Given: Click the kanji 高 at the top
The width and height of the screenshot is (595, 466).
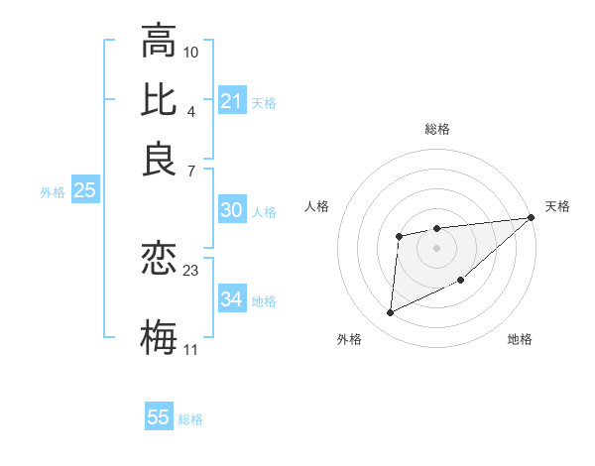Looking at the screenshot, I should coord(159,42).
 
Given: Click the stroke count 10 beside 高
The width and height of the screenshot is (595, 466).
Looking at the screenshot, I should coord(191,52).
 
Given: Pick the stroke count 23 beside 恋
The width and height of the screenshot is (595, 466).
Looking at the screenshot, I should coord(191,269).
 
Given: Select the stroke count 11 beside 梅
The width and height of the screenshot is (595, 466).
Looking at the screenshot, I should coord(191,349).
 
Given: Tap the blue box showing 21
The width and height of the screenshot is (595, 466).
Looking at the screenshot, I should coord(231,101).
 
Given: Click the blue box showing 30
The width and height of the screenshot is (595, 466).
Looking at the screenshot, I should coord(231,210).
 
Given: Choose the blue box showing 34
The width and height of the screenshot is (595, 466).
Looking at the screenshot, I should coord(231,299).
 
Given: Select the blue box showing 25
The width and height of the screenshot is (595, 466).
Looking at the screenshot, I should coord(84,191).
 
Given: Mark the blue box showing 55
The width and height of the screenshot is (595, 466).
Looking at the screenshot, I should coord(159,417).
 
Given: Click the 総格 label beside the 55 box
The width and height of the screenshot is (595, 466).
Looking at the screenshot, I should coord(190,419).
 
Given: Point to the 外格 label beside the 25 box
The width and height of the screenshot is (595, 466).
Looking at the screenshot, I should coord(52,193).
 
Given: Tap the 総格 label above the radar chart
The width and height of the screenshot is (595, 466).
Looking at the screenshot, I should coord(436,129).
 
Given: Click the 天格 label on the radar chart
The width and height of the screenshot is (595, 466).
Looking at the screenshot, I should coord(557,206).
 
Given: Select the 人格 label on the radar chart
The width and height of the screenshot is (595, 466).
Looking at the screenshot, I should coord(317,206).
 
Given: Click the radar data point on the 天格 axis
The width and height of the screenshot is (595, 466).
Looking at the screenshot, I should coord(532,218).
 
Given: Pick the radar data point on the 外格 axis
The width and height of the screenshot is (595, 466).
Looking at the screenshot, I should coord(390,313).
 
